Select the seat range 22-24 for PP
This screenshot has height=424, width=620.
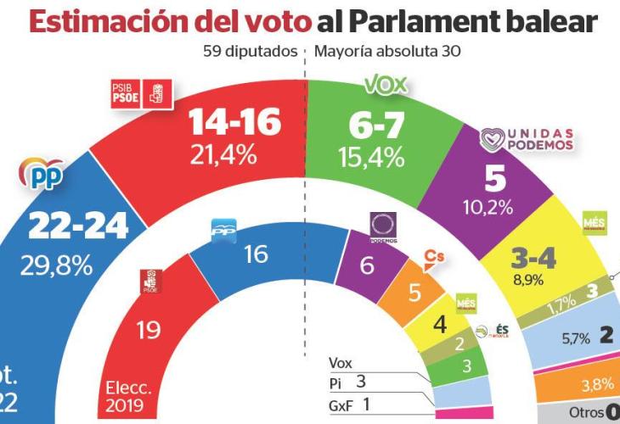[x=78, y=226]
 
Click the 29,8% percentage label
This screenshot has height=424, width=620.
[x=58, y=265]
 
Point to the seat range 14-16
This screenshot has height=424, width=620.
[x=235, y=124]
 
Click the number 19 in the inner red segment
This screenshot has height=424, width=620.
[x=149, y=330]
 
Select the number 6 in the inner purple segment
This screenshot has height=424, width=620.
[x=368, y=266]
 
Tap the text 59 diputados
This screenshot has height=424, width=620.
[x=250, y=50]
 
